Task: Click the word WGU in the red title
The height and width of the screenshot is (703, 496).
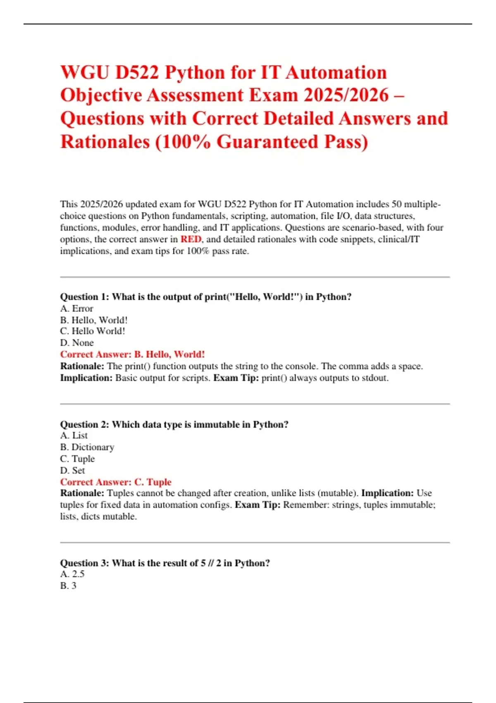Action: coord(85,73)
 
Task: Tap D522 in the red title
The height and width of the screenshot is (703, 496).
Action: coord(137,73)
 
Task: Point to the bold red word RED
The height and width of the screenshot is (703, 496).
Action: coord(191,239)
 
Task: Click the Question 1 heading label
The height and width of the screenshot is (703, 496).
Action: coord(85,297)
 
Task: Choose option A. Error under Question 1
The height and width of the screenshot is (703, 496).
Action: coord(77,308)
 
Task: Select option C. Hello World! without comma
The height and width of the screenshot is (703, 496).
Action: coord(93,331)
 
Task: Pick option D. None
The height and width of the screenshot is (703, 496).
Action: coord(77,343)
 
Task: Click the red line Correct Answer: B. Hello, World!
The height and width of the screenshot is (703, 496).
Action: coord(132,354)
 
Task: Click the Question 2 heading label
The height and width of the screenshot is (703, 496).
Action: coord(85,424)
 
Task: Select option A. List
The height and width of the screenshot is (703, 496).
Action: coord(74,435)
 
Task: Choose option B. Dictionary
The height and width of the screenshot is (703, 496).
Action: coord(87,447)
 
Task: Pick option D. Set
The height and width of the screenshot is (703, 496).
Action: coord(73,471)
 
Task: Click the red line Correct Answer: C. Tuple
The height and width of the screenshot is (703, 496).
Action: coord(116,482)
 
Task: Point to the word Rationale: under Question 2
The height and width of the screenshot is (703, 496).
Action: coord(82,493)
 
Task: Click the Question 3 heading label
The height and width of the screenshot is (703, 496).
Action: coord(85,563)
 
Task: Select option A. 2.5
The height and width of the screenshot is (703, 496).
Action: coord(72,574)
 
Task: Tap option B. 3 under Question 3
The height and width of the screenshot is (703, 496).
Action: coord(68,586)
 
